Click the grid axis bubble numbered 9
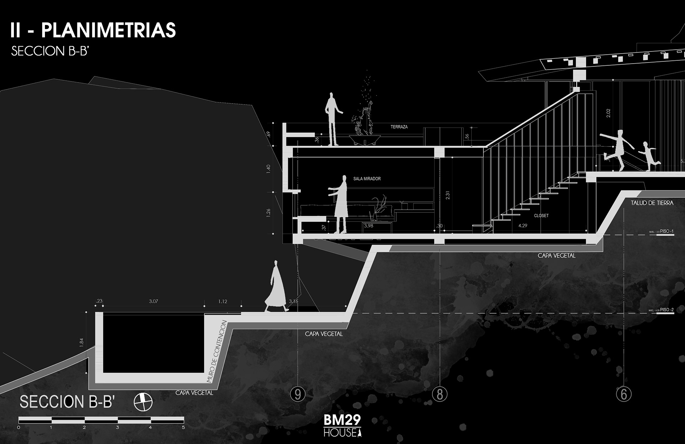click(298, 394)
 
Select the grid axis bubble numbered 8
click(440, 394)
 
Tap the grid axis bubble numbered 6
click(624, 394)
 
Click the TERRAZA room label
click(399, 127)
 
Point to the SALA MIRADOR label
click(367, 179)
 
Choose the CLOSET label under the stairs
click(541, 215)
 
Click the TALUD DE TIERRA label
click(652, 203)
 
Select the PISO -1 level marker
click(666, 231)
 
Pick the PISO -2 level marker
click(666, 310)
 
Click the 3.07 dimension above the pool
click(153, 301)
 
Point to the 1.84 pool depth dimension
click(81, 343)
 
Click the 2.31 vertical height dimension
click(448, 195)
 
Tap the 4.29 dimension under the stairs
click(523, 225)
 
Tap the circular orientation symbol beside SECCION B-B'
click(143, 402)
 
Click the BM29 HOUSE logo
click(342, 425)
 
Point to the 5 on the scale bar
click(183, 427)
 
